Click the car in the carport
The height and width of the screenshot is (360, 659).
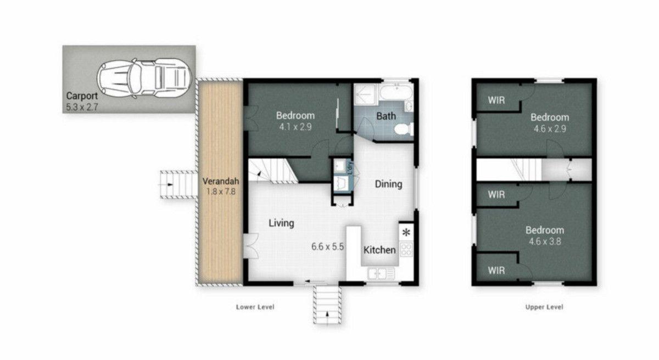[144, 78]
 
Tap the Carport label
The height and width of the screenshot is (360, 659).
[82, 96]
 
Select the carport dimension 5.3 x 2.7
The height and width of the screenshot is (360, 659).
[82, 107]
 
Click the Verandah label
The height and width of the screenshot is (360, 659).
[221, 181]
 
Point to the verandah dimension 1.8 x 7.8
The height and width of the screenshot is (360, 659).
[221, 192]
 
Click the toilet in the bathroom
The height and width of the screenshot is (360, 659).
[404, 130]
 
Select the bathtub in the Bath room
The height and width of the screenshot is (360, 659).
[396, 92]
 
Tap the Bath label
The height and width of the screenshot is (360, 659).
[386, 116]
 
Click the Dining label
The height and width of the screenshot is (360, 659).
[388, 184]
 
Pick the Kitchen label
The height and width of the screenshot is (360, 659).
[379, 250]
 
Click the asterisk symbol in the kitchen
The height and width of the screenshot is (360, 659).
[406, 233]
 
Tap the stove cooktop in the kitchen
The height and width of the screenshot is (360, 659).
[406, 249]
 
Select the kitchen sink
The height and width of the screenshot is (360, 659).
[381, 274]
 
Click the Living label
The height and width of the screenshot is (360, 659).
[281, 223]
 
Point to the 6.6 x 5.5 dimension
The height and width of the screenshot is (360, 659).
[327, 246]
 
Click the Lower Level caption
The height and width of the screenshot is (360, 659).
[255, 307]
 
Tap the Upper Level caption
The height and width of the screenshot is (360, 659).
[544, 307]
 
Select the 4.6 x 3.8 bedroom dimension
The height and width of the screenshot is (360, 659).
[545, 241]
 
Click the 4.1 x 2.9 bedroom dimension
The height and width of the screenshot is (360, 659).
[295, 127]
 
